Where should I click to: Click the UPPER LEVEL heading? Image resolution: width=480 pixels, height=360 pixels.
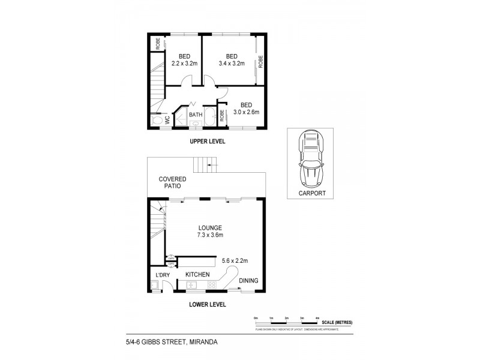(207, 142)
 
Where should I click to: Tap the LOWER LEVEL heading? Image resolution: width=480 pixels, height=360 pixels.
(207, 304)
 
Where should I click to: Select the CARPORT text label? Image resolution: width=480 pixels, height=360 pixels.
(311, 194)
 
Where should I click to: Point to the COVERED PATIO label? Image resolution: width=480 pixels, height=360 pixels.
(172, 183)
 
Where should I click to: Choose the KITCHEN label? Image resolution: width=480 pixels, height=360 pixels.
(197, 274)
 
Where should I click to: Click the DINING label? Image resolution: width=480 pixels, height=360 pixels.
(248, 280)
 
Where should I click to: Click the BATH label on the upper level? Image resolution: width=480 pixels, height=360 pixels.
(196, 115)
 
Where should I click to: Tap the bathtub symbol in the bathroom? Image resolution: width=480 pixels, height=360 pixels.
(210, 118)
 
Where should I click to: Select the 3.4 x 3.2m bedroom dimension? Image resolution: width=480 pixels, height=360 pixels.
(231, 63)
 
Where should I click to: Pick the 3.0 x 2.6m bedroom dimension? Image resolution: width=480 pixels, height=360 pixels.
(245, 111)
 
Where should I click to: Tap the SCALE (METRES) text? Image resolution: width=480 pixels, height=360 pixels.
(337, 322)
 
